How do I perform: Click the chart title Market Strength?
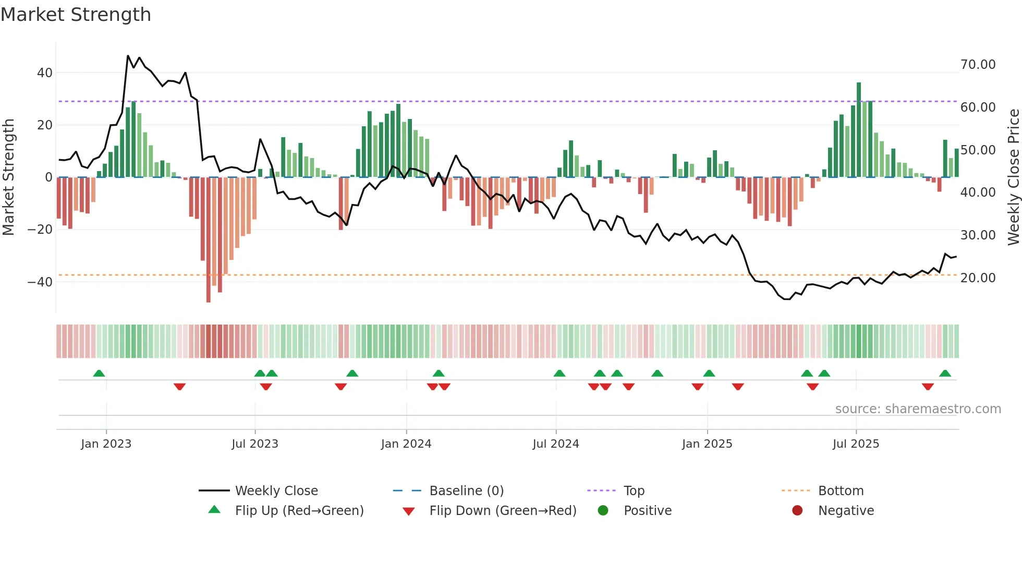coord(76,15)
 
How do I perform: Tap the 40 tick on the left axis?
coord(45,73)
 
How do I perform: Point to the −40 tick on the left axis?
coord(40,282)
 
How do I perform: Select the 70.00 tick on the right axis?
coord(978,65)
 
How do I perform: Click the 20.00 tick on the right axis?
coord(978,278)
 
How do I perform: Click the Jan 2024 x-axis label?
coord(406,444)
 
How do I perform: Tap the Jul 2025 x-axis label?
coord(856,444)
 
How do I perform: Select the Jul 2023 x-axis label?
coord(255,444)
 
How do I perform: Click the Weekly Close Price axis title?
coord(1013,177)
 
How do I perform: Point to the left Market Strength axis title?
coord(9,177)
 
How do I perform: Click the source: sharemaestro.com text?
coord(918,409)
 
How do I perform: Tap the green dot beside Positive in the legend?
coord(603,511)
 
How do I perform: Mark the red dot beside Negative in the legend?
coord(797,511)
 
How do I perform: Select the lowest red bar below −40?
coord(209,240)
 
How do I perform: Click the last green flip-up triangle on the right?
coord(945,374)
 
